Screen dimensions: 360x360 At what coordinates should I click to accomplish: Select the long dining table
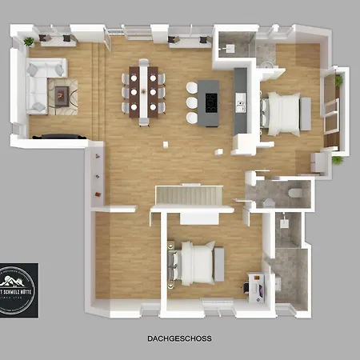pos(144,92)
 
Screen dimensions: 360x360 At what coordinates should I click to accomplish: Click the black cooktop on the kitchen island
pos(210,102)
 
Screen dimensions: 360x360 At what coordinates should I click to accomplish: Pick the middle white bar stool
pos(192,102)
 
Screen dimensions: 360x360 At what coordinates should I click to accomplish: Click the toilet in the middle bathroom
pos(294,193)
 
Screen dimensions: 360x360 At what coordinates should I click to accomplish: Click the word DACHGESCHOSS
pos(179,338)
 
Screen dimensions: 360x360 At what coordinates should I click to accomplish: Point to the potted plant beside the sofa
pos(29,41)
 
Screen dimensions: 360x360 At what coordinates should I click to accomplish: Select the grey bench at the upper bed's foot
pos(305,112)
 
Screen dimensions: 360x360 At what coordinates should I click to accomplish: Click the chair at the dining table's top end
pos(144,63)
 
